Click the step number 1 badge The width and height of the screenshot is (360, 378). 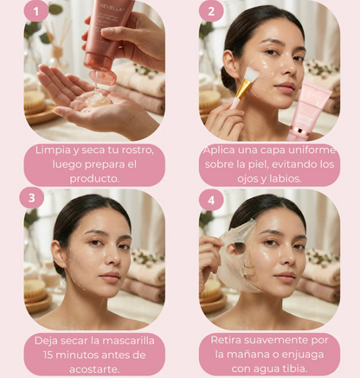click(36, 11)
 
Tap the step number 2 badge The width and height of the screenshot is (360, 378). click(211, 11)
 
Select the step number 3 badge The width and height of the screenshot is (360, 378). click(32, 198)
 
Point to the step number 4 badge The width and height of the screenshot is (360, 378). click(211, 200)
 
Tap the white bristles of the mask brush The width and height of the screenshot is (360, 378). click(253, 74)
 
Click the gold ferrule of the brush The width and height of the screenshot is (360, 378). click(242, 88)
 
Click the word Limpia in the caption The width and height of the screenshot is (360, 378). click(53, 150)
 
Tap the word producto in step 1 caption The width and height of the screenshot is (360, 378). click(94, 179)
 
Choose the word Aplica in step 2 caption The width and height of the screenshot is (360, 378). click(219, 151)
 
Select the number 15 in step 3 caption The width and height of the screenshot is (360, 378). click(48, 355)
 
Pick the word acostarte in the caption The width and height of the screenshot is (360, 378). click(94, 369)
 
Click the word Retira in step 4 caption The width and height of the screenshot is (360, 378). click(226, 340)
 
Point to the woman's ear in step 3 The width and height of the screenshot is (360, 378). click(58, 253)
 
